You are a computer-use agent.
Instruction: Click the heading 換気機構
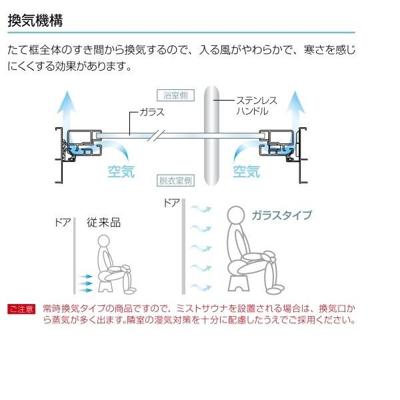click(x=35, y=21)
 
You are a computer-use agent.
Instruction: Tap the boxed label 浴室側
click(x=175, y=95)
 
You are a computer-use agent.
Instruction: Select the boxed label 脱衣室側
click(x=175, y=181)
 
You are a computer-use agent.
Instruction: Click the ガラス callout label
click(x=152, y=112)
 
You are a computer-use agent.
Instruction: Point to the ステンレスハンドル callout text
click(x=257, y=105)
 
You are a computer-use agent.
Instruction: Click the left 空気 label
click(x=121, y=171)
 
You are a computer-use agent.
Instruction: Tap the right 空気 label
click(x=247, y=171)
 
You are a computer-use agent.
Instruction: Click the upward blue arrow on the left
click(x=66, y=110)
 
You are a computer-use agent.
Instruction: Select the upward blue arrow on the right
click(x=295, y=110)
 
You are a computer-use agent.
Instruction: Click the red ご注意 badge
click(x=21, y=309)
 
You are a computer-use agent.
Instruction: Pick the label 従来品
click(x=103, y=223)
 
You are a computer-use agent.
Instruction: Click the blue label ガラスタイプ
click(x=281, y=215)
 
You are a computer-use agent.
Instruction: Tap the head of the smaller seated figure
click(x=103, y=242)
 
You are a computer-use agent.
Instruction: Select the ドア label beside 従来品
click(x=63, y=223)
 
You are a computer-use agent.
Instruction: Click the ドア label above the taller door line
click(x=172, y=203)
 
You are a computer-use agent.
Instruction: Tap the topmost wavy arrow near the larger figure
click(x=201, y=209)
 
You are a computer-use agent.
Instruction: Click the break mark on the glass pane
click(x=157, y=135)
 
